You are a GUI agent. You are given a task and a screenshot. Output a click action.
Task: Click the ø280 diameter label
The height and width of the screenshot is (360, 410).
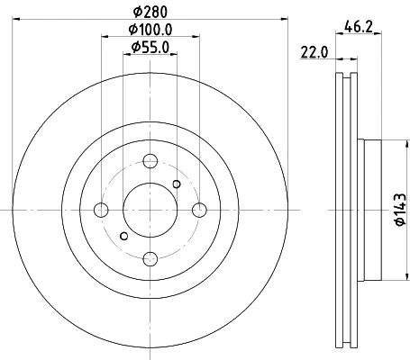[x=150, y=12]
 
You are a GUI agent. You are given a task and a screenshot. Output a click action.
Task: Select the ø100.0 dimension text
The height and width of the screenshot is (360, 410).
[x=150, y=30]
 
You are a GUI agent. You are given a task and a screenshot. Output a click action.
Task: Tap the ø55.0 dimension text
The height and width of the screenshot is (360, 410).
[x=150, y=47]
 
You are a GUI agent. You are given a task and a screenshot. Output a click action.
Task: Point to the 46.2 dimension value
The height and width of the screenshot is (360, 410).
[x=359, y=28]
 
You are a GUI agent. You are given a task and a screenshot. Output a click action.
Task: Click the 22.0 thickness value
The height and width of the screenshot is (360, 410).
[x=314, y=53]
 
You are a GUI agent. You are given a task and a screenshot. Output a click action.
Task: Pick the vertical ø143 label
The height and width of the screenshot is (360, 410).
[x=401, y=210]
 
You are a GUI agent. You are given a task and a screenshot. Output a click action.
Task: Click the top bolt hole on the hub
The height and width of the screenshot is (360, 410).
[x=150, y=161]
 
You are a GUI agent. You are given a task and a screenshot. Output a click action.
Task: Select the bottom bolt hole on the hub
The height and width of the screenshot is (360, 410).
[x=150, y=259]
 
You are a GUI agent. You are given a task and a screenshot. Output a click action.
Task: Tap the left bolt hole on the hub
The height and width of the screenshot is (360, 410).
[x=101, y=210]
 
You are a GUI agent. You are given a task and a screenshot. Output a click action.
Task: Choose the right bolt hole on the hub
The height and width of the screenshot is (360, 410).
[x=199, y=210]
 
